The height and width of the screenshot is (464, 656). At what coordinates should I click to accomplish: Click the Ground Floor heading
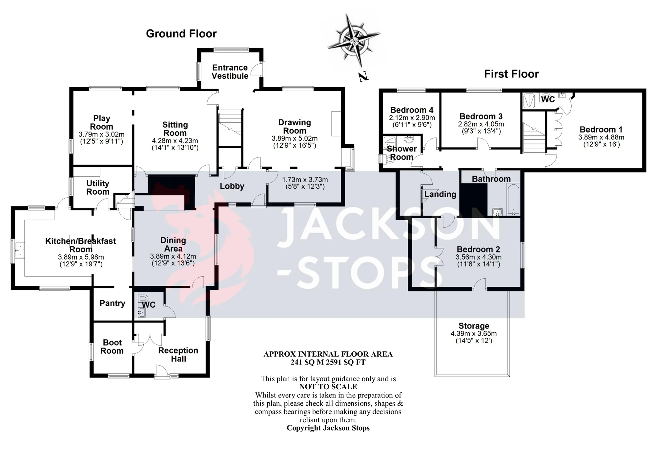181,34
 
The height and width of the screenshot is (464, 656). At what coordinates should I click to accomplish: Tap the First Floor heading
511,74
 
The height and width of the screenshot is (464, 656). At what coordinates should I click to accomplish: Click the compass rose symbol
354,41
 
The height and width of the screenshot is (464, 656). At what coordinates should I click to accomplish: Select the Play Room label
101,122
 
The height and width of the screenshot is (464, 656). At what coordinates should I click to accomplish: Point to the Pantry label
113,303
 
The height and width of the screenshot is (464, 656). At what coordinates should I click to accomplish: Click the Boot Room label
112,347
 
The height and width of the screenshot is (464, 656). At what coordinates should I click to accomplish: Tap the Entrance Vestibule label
230,72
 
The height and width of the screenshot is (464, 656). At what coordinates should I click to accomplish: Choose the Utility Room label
98,188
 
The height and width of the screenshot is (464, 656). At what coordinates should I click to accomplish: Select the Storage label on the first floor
474,326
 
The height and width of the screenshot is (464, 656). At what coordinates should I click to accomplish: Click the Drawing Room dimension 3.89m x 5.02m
295,138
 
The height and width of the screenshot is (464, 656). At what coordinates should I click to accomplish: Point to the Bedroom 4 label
412,110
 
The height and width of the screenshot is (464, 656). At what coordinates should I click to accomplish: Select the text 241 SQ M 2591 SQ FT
328,362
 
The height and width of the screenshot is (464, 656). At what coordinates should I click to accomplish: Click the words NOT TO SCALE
328,387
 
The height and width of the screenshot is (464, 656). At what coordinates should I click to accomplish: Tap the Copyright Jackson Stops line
328,428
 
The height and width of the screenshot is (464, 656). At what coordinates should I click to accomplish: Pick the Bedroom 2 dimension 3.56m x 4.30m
479,257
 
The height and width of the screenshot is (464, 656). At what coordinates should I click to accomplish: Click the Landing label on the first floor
440,194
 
